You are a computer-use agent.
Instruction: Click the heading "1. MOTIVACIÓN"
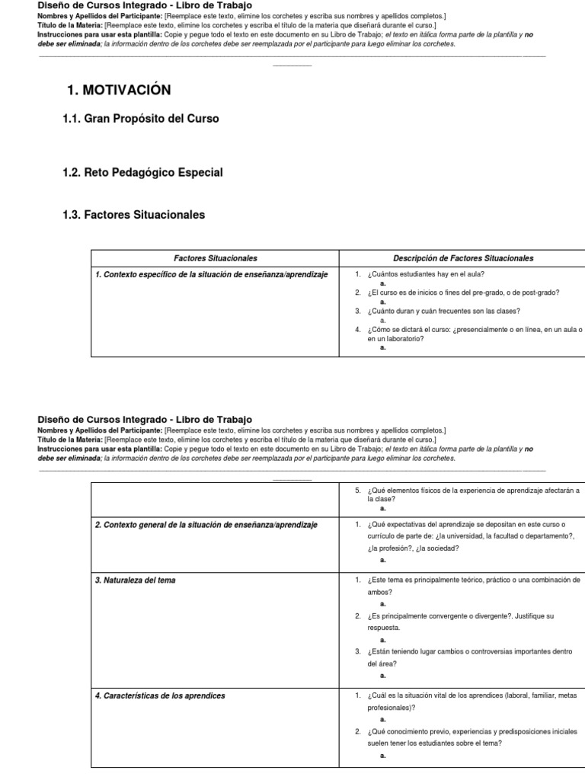119,91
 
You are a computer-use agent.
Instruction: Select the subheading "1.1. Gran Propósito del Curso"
141,119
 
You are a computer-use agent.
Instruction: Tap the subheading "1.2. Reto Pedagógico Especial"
142,173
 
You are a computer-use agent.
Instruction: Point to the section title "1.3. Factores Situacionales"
133,216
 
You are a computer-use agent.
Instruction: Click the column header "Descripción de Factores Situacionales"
462,259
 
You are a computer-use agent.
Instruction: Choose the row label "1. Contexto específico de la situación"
212,274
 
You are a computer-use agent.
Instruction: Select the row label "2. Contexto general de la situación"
206,525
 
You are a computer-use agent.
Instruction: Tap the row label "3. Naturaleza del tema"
135,580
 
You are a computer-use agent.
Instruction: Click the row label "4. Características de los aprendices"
160,695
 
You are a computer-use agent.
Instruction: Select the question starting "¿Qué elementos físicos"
472,491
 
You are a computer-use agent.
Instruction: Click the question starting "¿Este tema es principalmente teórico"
472,580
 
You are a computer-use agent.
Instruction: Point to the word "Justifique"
523,615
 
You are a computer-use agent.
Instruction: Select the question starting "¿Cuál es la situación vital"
472,695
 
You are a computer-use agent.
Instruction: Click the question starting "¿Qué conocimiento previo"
472,731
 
